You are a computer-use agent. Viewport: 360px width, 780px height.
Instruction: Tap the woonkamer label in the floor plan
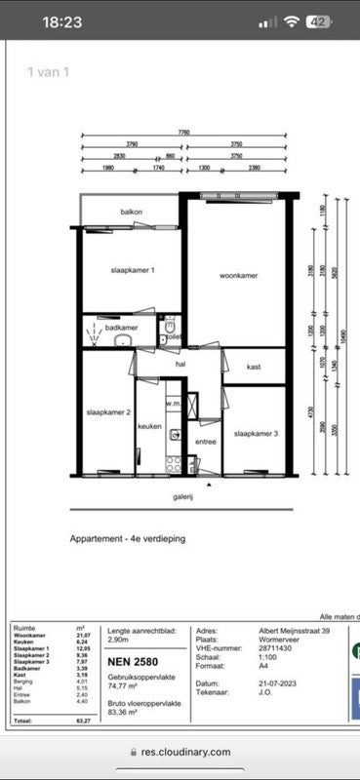point(238,277)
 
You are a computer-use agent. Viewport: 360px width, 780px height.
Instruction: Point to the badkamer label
point(122,329)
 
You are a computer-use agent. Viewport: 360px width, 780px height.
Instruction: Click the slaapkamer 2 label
point(108,412)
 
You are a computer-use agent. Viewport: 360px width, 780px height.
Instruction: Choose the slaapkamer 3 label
point(257,433)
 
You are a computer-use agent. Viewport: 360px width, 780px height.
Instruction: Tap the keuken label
point(149,426)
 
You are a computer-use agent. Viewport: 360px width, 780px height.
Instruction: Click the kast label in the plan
point(254,367)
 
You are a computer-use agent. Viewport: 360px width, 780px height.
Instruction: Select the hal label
point(180,364)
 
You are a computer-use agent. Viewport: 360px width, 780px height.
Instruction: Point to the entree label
point(206,442)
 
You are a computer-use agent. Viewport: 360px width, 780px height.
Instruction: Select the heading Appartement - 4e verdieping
point(127,538)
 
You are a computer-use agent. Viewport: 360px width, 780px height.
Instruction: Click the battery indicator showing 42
point(316,21)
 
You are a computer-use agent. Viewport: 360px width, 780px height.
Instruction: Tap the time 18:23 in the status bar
point(62,21)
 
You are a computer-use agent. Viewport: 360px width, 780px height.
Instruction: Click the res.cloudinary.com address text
point(185,752)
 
